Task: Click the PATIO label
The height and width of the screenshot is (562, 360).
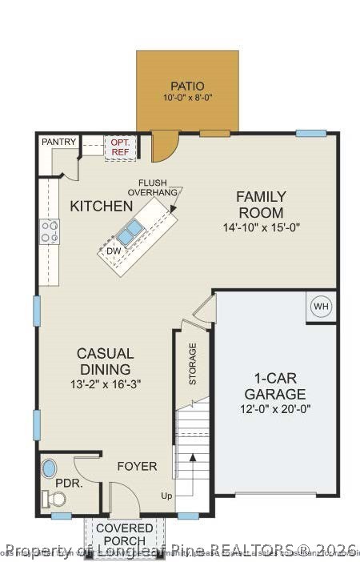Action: (x=187, y=86)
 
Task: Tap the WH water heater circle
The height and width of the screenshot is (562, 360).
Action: (x=320, y=307)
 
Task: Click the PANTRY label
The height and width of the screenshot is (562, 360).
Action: (x=59, y=142)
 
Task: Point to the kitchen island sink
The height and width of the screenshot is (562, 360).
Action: (x=130, y=232)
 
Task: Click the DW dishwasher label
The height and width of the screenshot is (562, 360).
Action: (x=113, y=251)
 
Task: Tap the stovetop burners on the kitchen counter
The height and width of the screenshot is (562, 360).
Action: (x=50, y=231)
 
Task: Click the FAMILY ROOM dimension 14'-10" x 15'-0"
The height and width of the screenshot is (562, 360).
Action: (x=260, y=227)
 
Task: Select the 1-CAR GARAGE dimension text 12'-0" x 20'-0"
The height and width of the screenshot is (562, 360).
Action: (x=274, y=409)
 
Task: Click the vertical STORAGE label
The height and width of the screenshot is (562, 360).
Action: (x=193, y=364)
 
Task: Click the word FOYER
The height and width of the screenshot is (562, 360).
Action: (x=137, y=467)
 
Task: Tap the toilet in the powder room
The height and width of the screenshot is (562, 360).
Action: (x=57, y=499)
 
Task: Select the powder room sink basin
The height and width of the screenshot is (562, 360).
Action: (x=50, y=468)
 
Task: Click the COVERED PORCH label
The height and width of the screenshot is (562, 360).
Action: (x=125, y=536)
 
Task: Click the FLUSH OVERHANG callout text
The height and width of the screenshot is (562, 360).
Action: (x=158, y=188)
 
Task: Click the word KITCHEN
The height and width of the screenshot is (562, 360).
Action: (x=102, y=206)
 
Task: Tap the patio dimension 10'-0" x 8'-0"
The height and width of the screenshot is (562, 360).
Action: (x=187, y=98)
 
